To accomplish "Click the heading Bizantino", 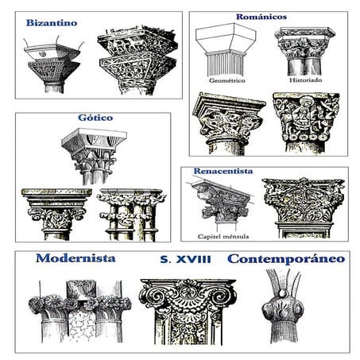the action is pos(52,23).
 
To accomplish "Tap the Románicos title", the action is pos(261,17).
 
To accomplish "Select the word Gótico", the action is pos(95,118).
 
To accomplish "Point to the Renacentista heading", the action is pos(223,171).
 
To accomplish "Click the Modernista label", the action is pos(75,258).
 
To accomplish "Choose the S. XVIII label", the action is pos(186,259).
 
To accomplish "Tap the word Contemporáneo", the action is pos(286,259).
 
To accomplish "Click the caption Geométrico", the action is pos(227,80).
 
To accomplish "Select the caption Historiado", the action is pos(306,80).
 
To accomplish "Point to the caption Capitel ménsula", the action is pos(223,236).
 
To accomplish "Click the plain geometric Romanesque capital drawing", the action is pos(226,50).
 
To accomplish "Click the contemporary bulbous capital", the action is pos(283,306).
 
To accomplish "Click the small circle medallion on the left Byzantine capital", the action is pos(41,54).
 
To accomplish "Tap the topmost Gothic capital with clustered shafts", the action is pos(94,157).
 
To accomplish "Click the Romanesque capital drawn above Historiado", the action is pos(305,51).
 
